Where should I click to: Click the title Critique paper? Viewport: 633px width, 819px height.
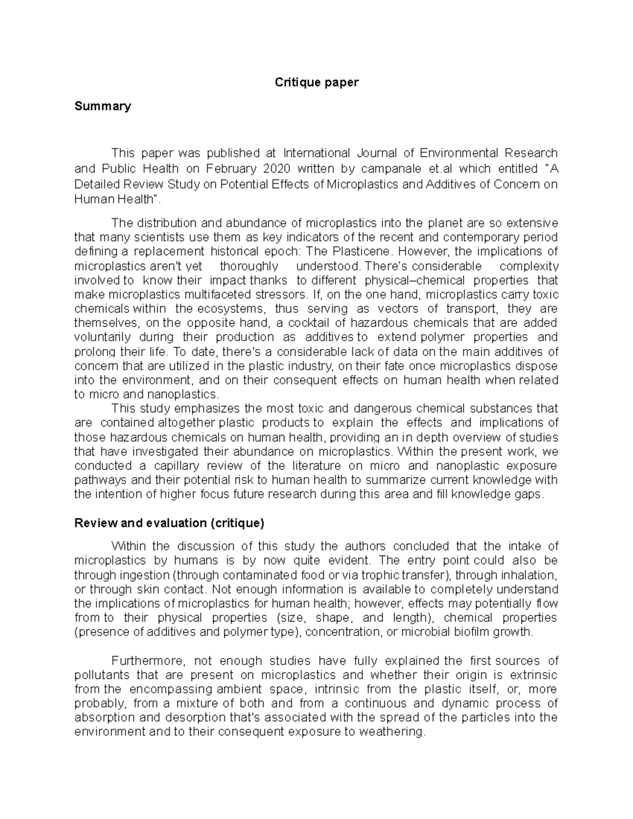click(x=316, y=82)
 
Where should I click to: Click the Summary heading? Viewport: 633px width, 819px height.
click(x=102, y=106)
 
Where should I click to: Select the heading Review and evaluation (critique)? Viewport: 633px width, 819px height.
click(x=169, y=523)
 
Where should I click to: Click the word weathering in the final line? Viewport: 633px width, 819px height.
click(x=391, y=733)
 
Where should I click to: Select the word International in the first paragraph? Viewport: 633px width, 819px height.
click(x=316, y=153)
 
